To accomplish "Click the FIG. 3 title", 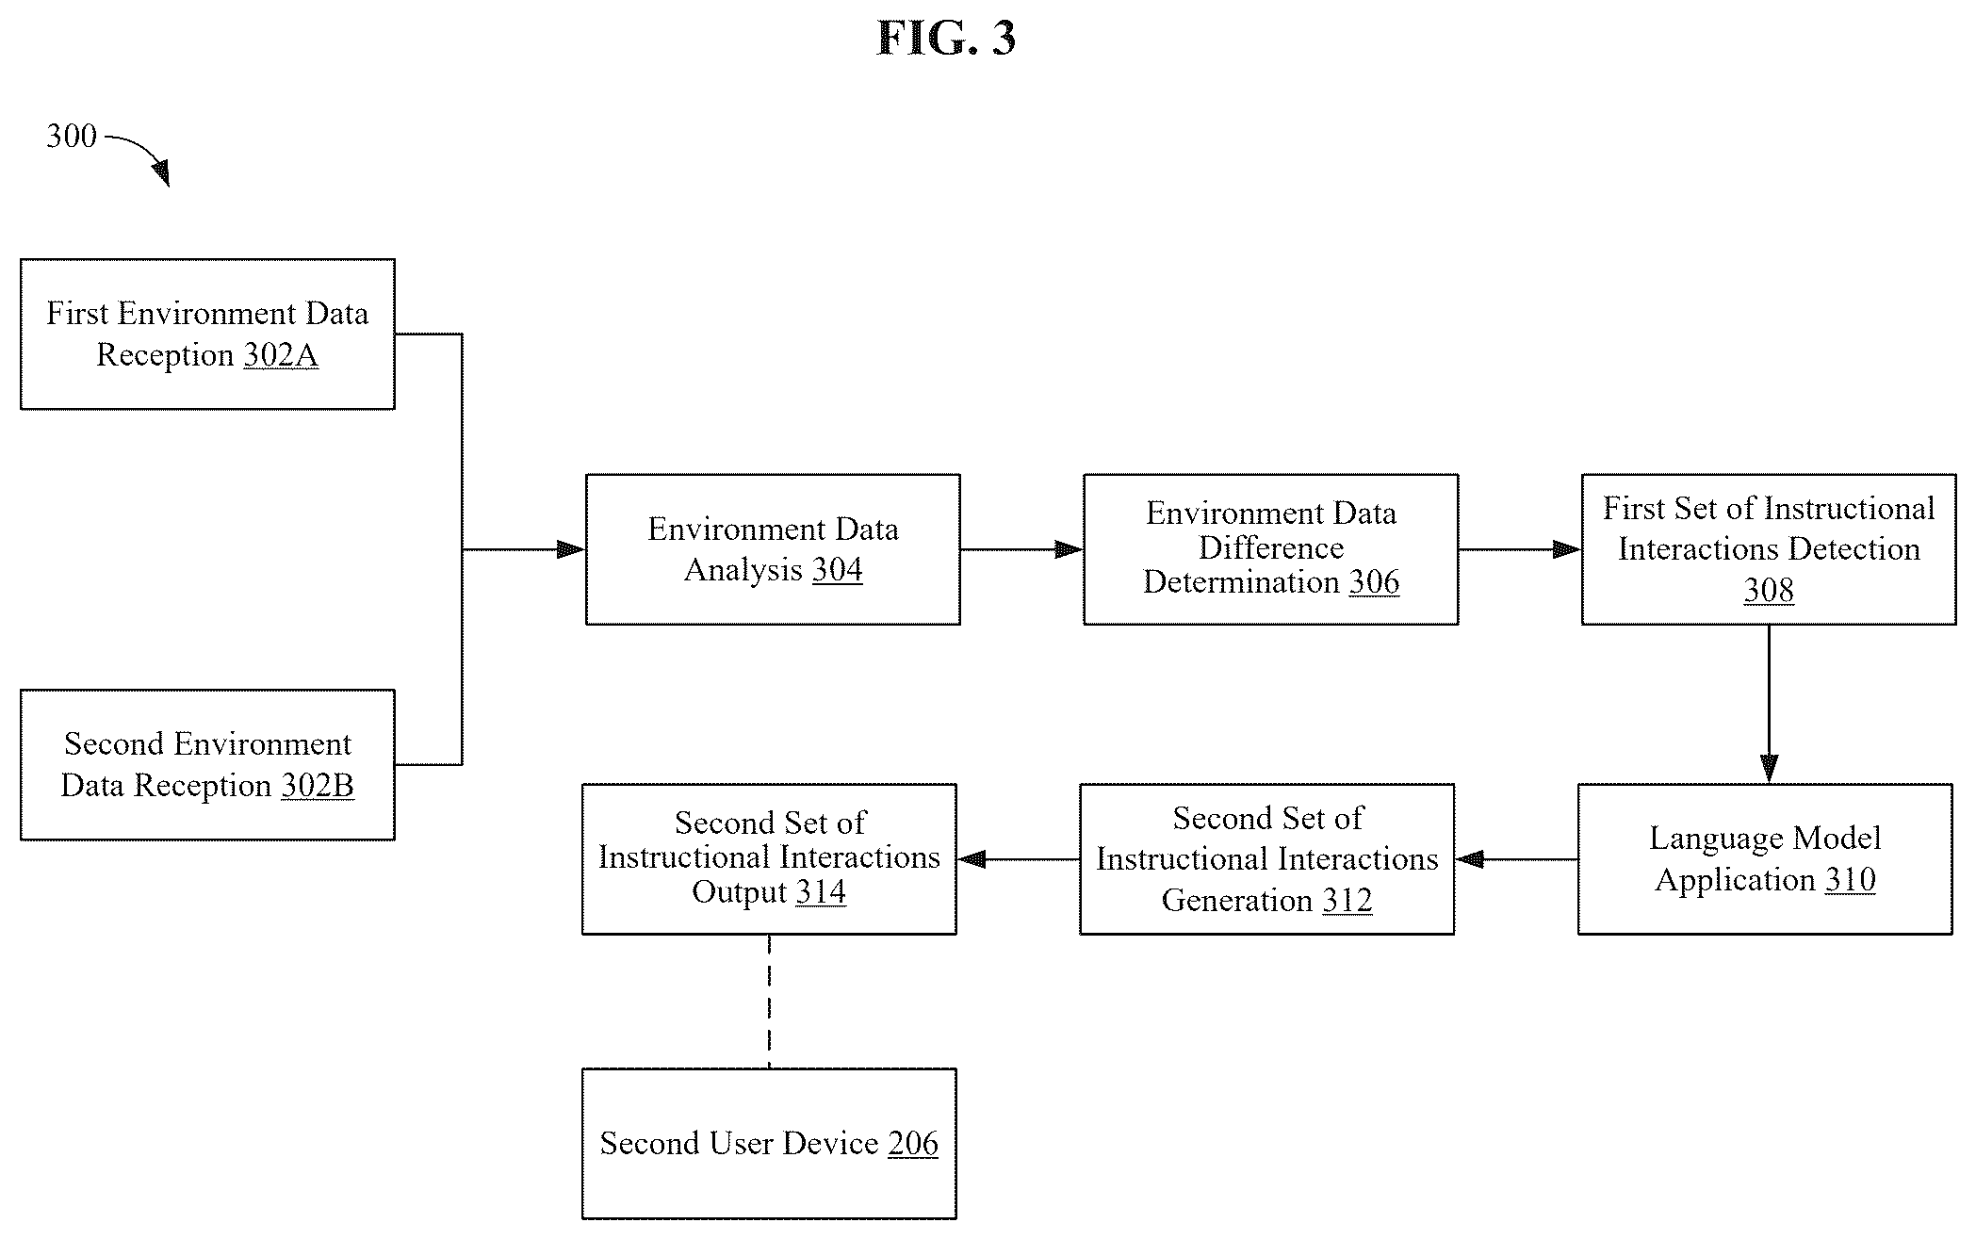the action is pyautogui.click(x=946, y=39).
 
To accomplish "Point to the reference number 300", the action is pyautogui.click(x=72, y=137).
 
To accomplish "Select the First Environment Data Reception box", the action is pyautogui.click(x=207, y=334).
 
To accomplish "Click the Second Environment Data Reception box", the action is pyautogui.click(x=207, y=765).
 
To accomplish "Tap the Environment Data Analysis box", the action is pyautogui.click(x=773, y=549).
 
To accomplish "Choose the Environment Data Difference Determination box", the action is pyautogui.click(x=1270, y=549).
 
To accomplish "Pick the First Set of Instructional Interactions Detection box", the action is pyautogui.click(x=1769, y=549).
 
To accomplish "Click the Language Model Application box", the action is pyautogui.click(x=1765, y=859).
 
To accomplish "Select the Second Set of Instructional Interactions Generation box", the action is pyautogui.click(x=1266, y=859).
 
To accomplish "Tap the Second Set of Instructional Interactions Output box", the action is pyautogui.click(x=769, y=859).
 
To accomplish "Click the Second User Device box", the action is pyautogui.click(x=769, y=1144).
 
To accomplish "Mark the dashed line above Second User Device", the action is pyautogui.click(x=769, y=1002).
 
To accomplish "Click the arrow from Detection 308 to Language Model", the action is pyautogui.click(x=1769, y=704).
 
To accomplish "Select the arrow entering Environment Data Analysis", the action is pyautogui.click(x=524, y=549).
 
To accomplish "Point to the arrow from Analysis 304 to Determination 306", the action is pyautogui.click(x=1021, y=549).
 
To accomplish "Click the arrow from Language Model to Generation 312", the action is pyautogui.click(x=1516, y=859).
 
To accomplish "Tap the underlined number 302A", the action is pyautogui.click(x=281, y=355).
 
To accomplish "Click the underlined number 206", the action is pyautogui.click(x=913, y=1144).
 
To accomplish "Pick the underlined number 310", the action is pyautogui.click(x=1851, y=880).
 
